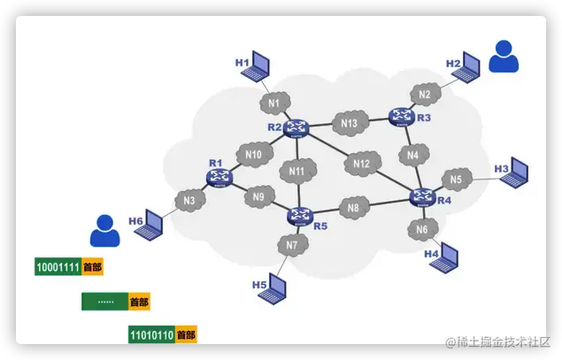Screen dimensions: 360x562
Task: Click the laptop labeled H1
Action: (x=260, y=64)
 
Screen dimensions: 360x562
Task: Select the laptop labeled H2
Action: (x=472, y=65)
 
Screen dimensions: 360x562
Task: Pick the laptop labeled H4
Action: (x=448, y=257)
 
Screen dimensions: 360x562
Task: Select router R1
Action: (x=218, y=177)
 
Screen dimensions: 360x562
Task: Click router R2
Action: (x=295, y=129)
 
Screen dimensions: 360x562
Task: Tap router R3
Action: (x=402, y=115)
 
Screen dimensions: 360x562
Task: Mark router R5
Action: (x=301, y=215)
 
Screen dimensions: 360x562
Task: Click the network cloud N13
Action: (x=349, y=124)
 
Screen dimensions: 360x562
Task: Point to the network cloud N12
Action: (x=361, y=164)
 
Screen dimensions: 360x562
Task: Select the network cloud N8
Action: (x=352, y=208)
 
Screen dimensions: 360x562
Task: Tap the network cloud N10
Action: (x=253, y=156)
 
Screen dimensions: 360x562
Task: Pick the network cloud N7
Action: (x=291, y=244)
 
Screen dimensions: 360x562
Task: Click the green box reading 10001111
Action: (x=58, y=266)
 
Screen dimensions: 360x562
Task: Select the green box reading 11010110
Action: (x=150, y=335)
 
